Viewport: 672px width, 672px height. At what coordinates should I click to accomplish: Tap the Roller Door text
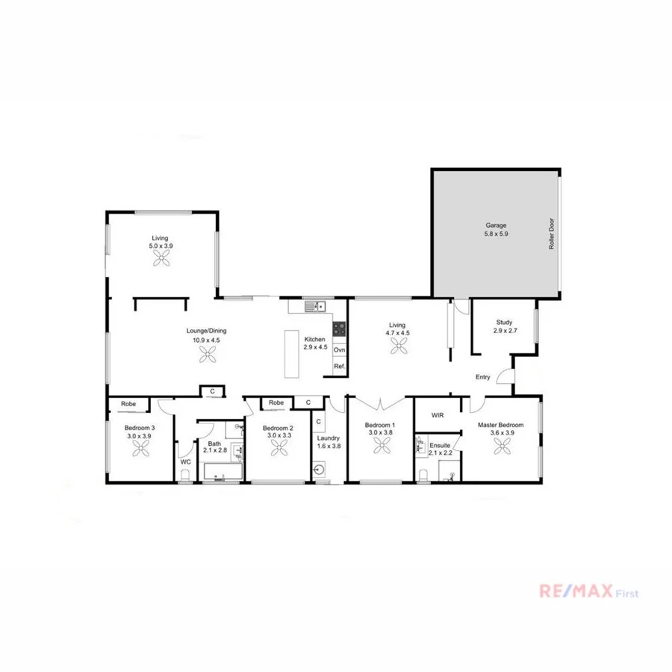553,234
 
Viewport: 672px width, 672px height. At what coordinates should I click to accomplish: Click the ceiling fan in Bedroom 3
142,447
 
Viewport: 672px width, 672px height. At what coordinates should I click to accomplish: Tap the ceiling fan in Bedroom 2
279,447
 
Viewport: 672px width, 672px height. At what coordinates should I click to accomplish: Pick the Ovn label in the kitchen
339,349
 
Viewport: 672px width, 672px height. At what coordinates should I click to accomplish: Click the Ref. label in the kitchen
339,366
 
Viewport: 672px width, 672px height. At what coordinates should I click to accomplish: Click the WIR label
438,415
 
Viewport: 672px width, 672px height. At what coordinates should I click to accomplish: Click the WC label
186,462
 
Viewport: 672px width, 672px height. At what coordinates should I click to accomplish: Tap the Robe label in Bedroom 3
128,404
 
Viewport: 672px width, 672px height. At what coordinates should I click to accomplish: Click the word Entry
483,377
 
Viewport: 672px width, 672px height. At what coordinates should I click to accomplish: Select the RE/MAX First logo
588,592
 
